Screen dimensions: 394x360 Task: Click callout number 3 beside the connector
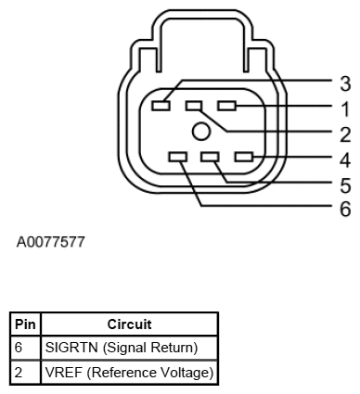point(344,82)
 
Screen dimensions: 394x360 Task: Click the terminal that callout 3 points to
point(162,107)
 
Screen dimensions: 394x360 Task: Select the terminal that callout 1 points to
point(228,107)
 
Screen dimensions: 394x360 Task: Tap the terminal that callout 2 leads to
point(194,107)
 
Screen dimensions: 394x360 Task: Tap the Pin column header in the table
point(25,324)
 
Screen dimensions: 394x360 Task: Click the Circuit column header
point(130,324)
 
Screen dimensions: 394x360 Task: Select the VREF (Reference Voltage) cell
point(130,371)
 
